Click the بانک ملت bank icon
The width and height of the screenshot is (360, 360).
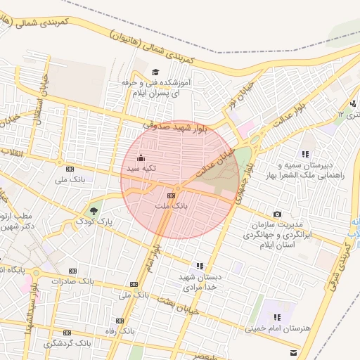point(172,195)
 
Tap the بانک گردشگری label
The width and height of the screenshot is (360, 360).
point(67,343)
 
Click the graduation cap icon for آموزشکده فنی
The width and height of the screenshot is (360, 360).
point(155,72)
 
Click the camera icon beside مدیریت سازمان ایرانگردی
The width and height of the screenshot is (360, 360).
point(277,214)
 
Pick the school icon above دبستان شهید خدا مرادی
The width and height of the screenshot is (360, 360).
point(200,266)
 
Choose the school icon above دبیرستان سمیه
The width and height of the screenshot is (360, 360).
point(304,153)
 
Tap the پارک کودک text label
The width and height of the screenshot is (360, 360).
point(115,221)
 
